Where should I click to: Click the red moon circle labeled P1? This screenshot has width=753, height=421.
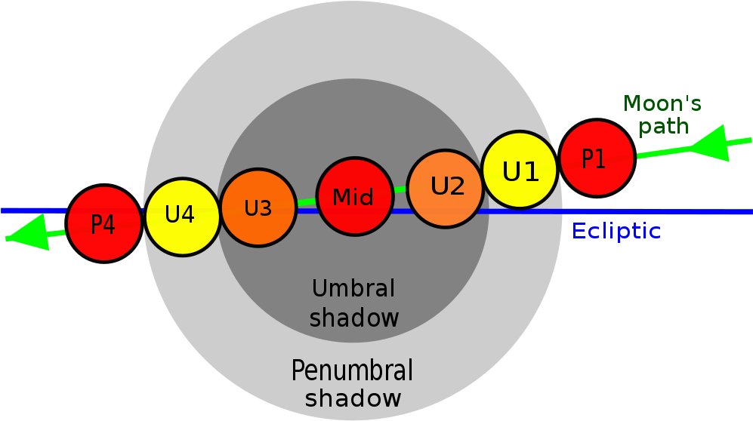point(596,158)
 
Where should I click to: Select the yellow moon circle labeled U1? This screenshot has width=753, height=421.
point(520,171)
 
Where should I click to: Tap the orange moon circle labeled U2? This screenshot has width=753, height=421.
point(447,188)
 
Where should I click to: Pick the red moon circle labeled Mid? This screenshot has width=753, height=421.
point(354,197)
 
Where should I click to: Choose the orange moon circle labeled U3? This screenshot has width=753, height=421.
point(258,207)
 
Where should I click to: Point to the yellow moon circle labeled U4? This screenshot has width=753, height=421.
point(181,217)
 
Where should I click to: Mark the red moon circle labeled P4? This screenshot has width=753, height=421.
point(104,223)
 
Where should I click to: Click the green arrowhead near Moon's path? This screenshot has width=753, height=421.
point(712,145)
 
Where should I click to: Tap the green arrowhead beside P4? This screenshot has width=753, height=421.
point(26,232)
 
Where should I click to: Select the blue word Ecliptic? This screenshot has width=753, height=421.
point(616,231)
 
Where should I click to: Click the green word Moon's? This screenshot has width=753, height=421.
point(662,103)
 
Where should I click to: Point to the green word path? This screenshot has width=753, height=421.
point(664,126)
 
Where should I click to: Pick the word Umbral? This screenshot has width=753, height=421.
point(353,288)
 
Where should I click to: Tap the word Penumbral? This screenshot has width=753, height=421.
point(353,371)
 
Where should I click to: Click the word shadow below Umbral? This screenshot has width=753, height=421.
point(354,318)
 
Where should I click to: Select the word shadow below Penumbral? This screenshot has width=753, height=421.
point(353,398)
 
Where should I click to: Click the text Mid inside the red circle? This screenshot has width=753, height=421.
point(353,198)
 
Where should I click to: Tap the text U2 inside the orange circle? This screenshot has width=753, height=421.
point(448,186)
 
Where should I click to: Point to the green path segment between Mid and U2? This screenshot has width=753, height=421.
point(400,189)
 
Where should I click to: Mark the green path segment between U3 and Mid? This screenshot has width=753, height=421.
point(305,202)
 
